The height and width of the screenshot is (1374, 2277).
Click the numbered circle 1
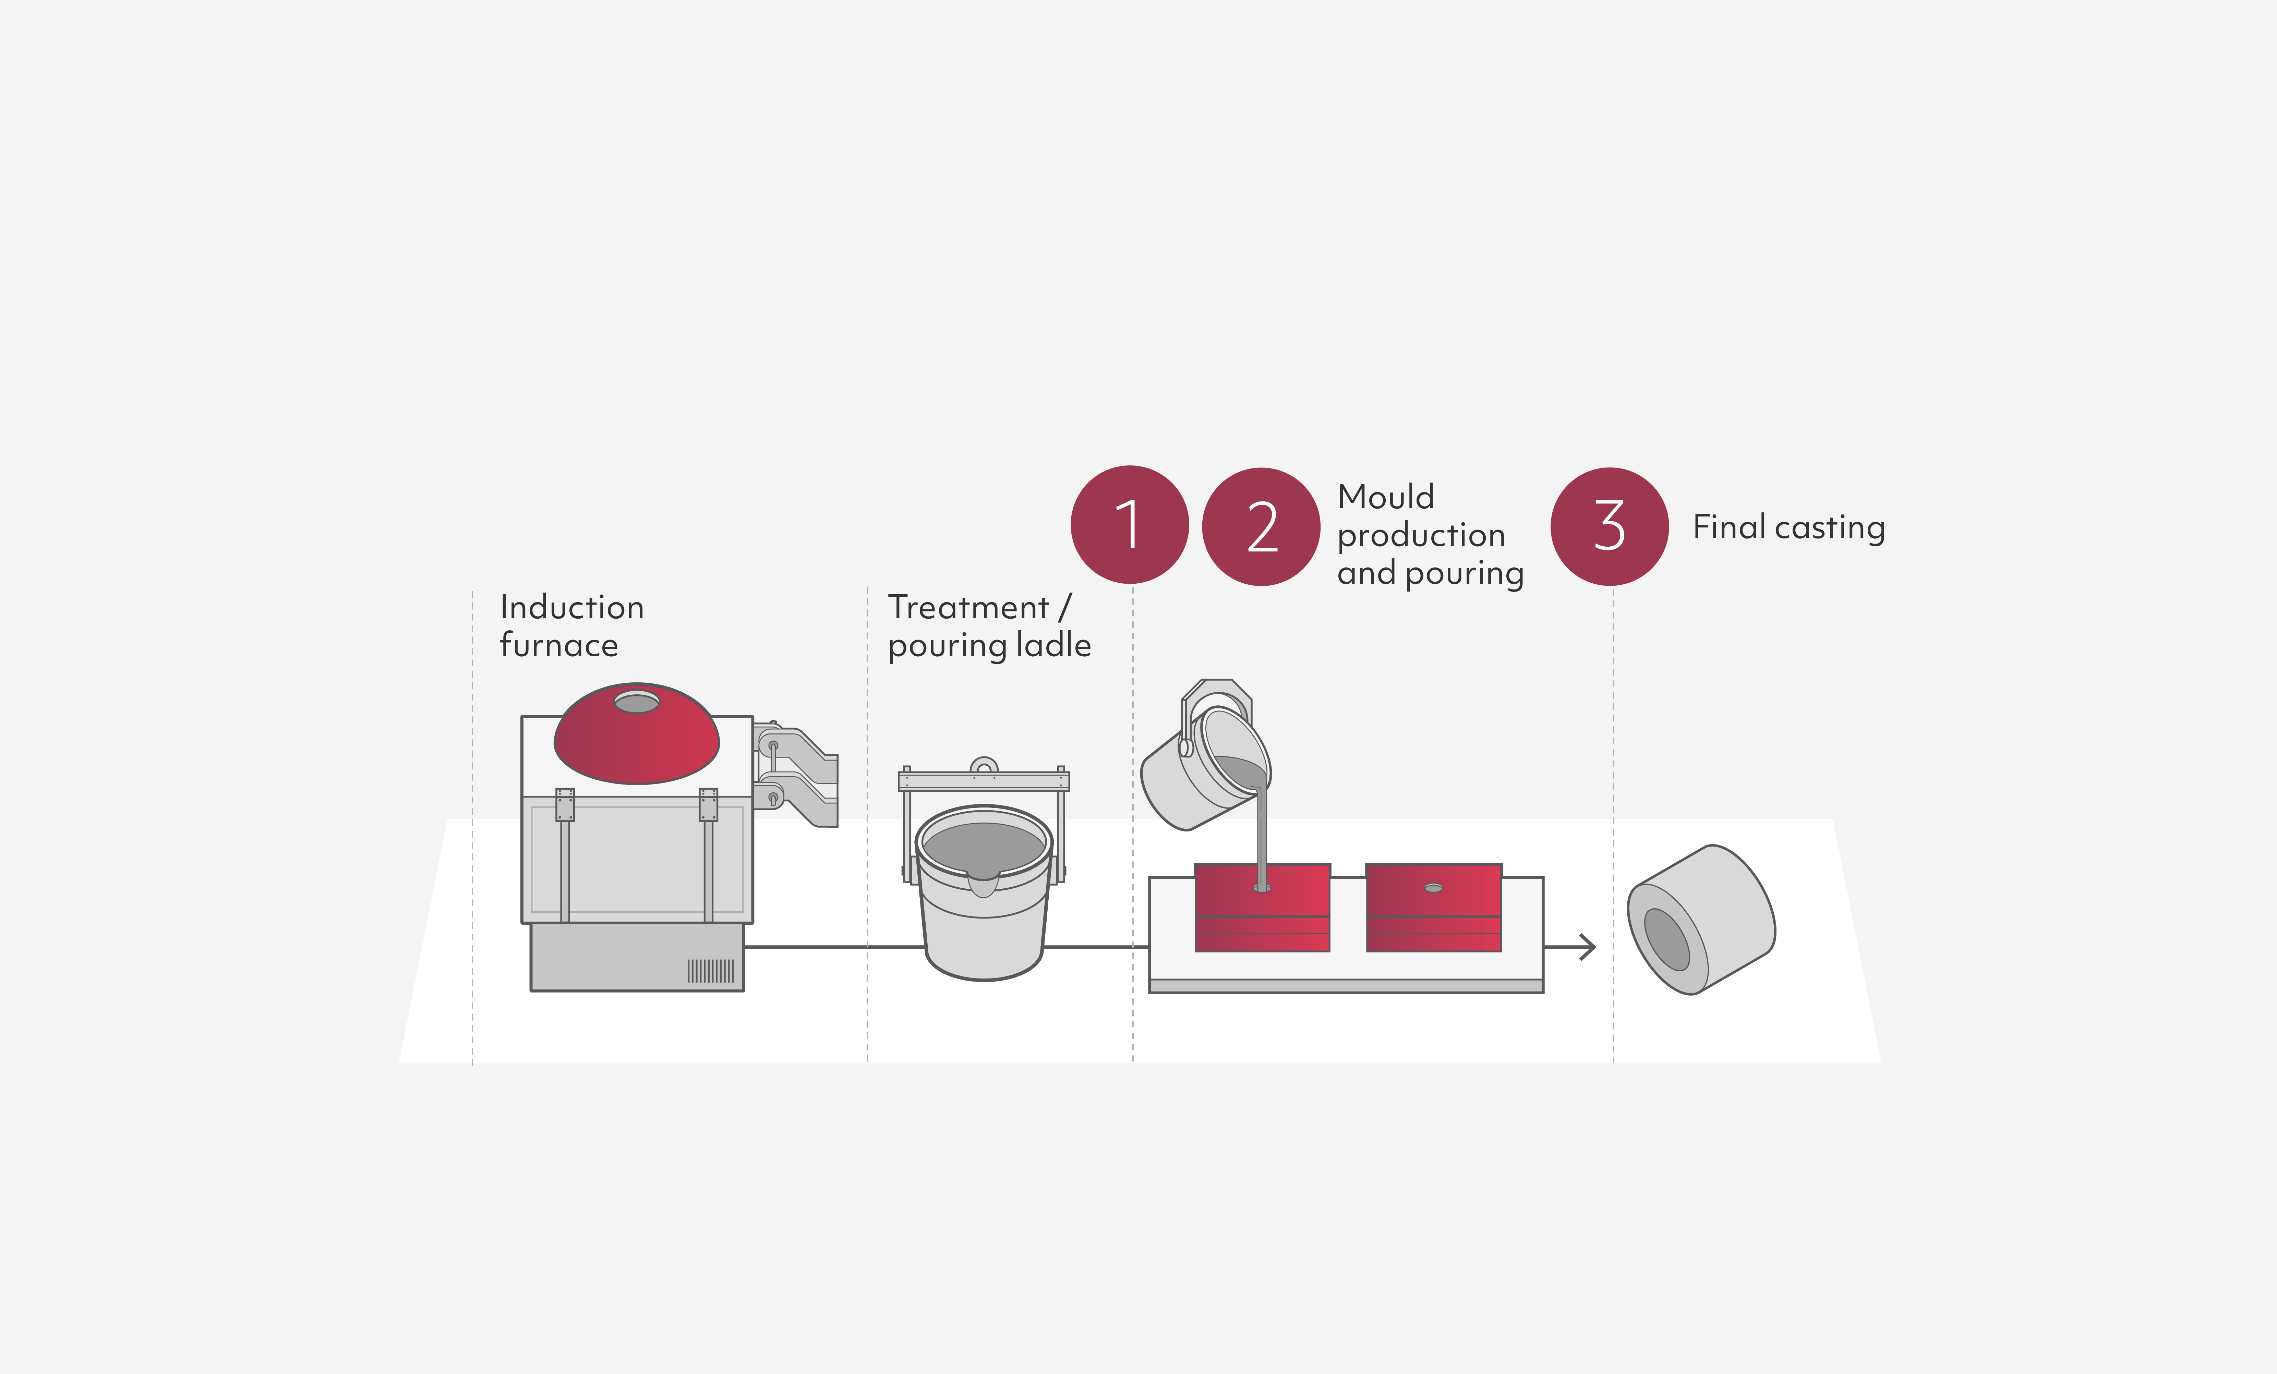[x=1129, y=525]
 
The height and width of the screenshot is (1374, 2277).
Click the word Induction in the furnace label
[x=571, y=607]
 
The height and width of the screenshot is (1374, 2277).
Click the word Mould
[x=1385, y=497]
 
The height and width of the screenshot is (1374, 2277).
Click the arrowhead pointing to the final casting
[x=1588, y=947]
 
